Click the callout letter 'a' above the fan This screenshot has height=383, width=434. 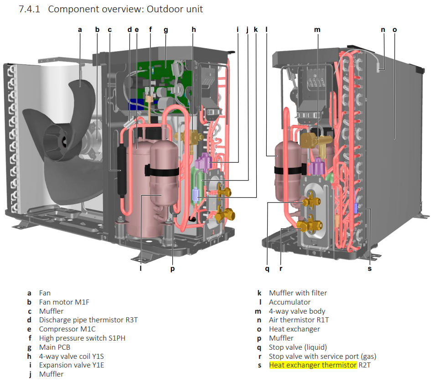click(80, 30)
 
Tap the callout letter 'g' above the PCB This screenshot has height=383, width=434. click(166, 30)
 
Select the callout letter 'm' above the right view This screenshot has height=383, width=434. click(317, 30)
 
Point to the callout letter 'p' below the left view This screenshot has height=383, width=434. click(172, 269)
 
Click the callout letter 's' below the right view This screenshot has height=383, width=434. click(370, 269)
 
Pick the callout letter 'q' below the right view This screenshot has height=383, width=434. click(268, 269)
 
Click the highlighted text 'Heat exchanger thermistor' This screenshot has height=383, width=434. click(313, 365)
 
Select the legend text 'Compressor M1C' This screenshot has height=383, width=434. click(67, 329)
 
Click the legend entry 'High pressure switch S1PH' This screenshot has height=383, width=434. click(82, 338)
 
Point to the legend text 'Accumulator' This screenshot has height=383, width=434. click(289, 302)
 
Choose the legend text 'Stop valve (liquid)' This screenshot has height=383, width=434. click(298, 347)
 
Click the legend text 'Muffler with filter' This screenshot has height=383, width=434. click(298, 293)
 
